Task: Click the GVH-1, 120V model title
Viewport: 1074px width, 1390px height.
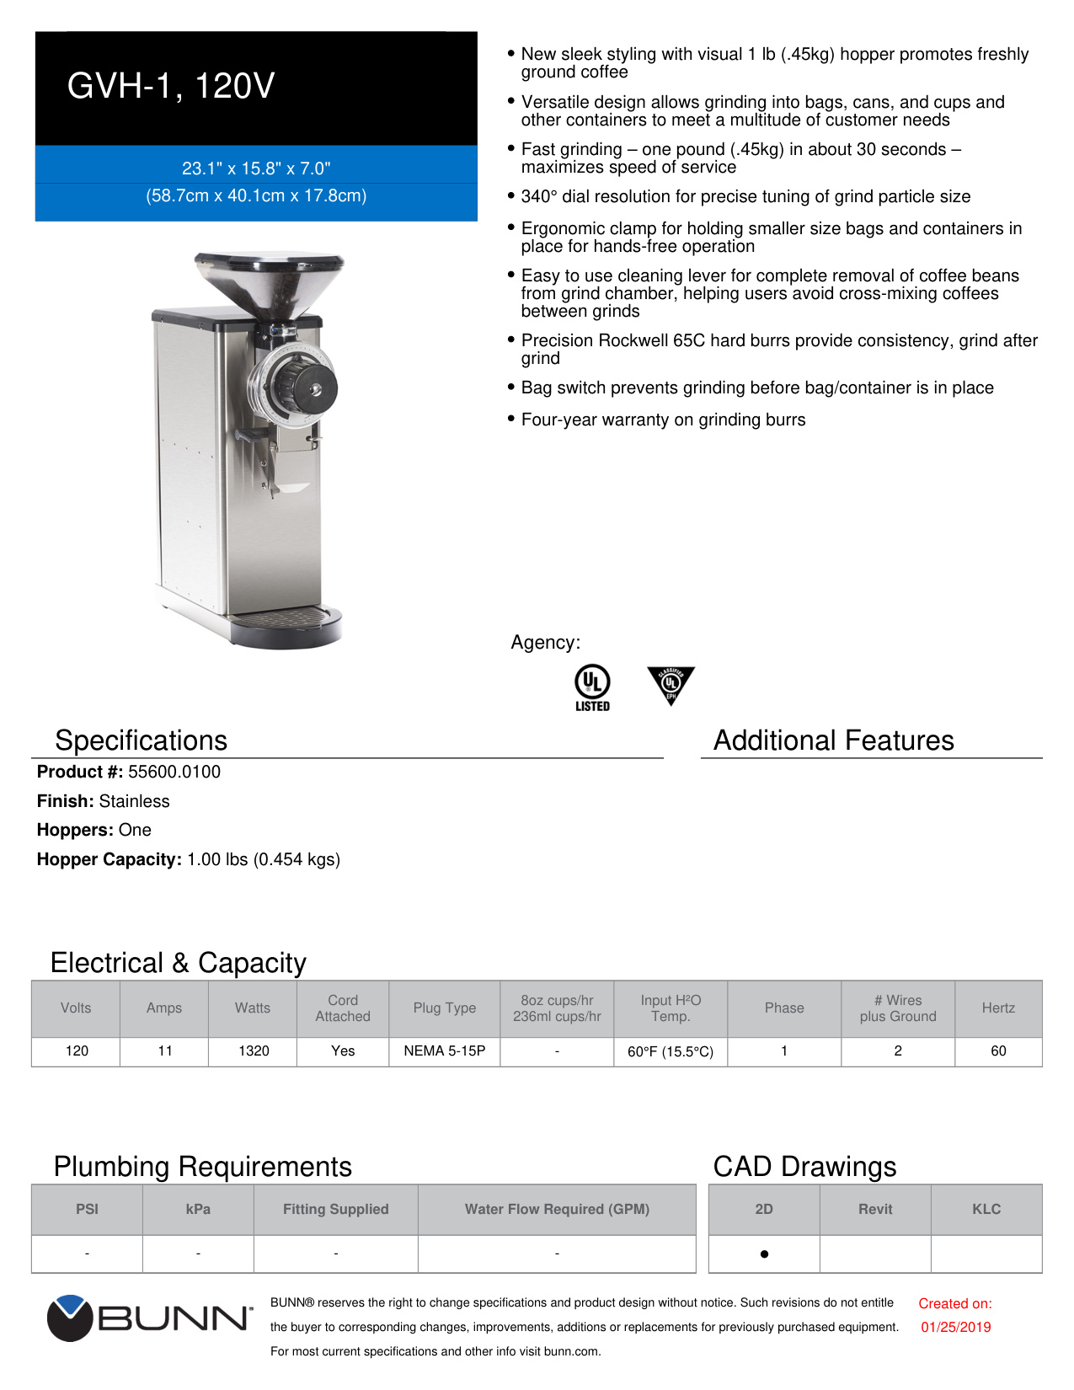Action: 171,86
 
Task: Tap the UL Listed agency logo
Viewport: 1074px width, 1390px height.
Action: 592,687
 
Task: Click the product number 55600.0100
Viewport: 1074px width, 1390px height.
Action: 174,772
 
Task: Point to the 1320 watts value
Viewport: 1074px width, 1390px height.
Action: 253,1051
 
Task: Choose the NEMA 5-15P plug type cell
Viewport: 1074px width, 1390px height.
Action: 444,1051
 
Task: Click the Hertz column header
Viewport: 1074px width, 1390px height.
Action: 998,1008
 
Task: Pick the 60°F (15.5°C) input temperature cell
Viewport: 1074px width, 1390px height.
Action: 670,1051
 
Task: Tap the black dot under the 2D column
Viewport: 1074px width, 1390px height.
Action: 764,1254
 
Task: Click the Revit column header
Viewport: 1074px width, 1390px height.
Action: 875,1209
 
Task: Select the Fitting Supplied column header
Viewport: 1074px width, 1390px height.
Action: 335,1209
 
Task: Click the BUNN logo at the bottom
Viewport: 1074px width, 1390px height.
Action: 149,1318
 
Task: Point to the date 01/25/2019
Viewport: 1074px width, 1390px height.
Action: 955,1327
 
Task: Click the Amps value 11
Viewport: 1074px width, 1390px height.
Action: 164,1051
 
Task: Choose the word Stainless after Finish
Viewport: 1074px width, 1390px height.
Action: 134,801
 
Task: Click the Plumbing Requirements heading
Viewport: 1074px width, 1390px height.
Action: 202,1167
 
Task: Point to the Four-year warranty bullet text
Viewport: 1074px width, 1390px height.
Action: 663,420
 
